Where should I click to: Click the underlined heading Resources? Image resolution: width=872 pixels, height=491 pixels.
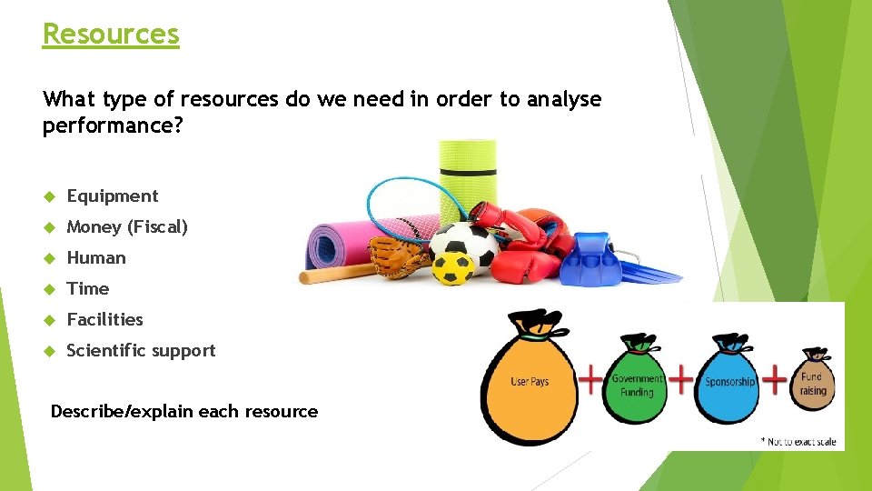point(111,34)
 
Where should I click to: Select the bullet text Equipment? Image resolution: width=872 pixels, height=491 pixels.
point(113,195)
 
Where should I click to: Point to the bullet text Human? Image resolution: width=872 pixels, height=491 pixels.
point(96,257)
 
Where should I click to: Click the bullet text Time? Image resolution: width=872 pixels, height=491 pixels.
point(88,288)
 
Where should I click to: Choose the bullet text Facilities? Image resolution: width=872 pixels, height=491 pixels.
point(105,319)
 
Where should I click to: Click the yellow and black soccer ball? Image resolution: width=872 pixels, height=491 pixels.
point(451,267)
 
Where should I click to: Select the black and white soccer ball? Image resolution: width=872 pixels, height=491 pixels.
point(463,241)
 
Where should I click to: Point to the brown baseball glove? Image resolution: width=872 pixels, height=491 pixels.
point(399,257)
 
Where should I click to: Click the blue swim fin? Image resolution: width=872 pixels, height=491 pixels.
point(599,259)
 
